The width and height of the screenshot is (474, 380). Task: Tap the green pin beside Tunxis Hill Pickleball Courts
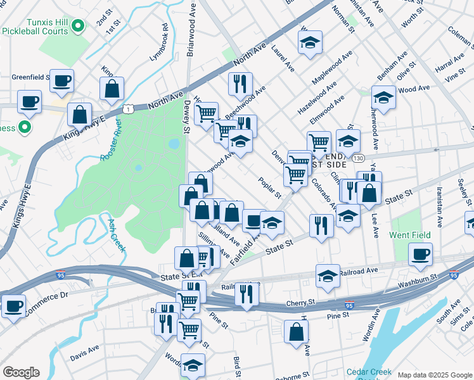coord(77,26)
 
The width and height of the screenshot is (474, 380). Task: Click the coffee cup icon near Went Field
coord(420,255)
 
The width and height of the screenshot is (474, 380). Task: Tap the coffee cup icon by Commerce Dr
coord(13,306)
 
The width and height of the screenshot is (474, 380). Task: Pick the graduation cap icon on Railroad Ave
coord(328,276)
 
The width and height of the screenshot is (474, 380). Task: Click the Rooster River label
coord(110,144)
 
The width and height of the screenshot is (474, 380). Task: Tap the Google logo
coord(20,372)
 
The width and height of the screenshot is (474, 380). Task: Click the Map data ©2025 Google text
coord(435,375)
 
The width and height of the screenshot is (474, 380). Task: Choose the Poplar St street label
coord(270,188)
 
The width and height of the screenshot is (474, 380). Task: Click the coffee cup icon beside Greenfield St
coord(61,80)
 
